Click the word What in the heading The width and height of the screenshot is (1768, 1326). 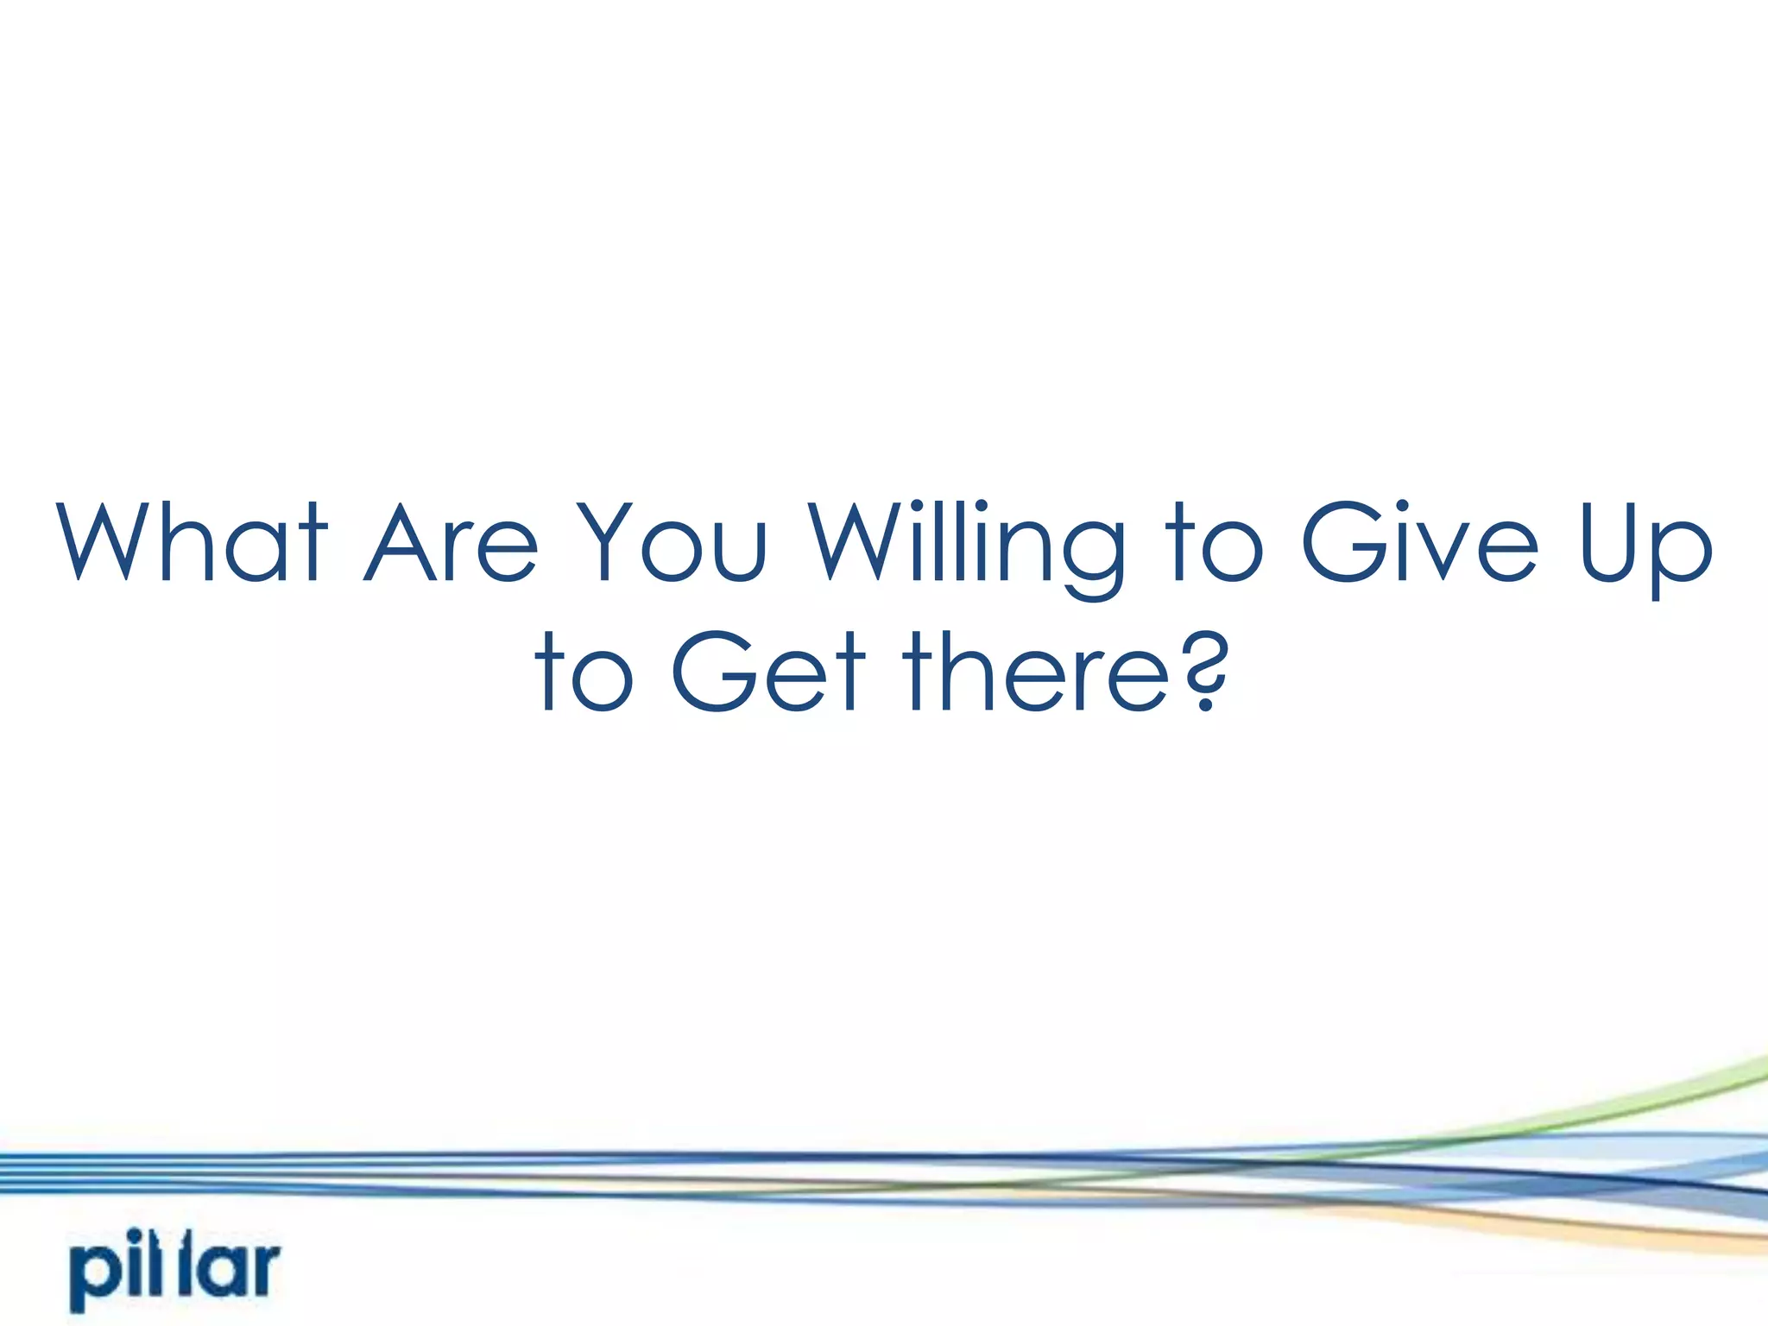pos(192,542)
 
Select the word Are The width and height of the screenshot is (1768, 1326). pos(451,542)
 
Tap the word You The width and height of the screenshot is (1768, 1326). pos(671,542)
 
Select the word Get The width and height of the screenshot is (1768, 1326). pos(767,672)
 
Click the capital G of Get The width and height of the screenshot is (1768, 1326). pos(709,672)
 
